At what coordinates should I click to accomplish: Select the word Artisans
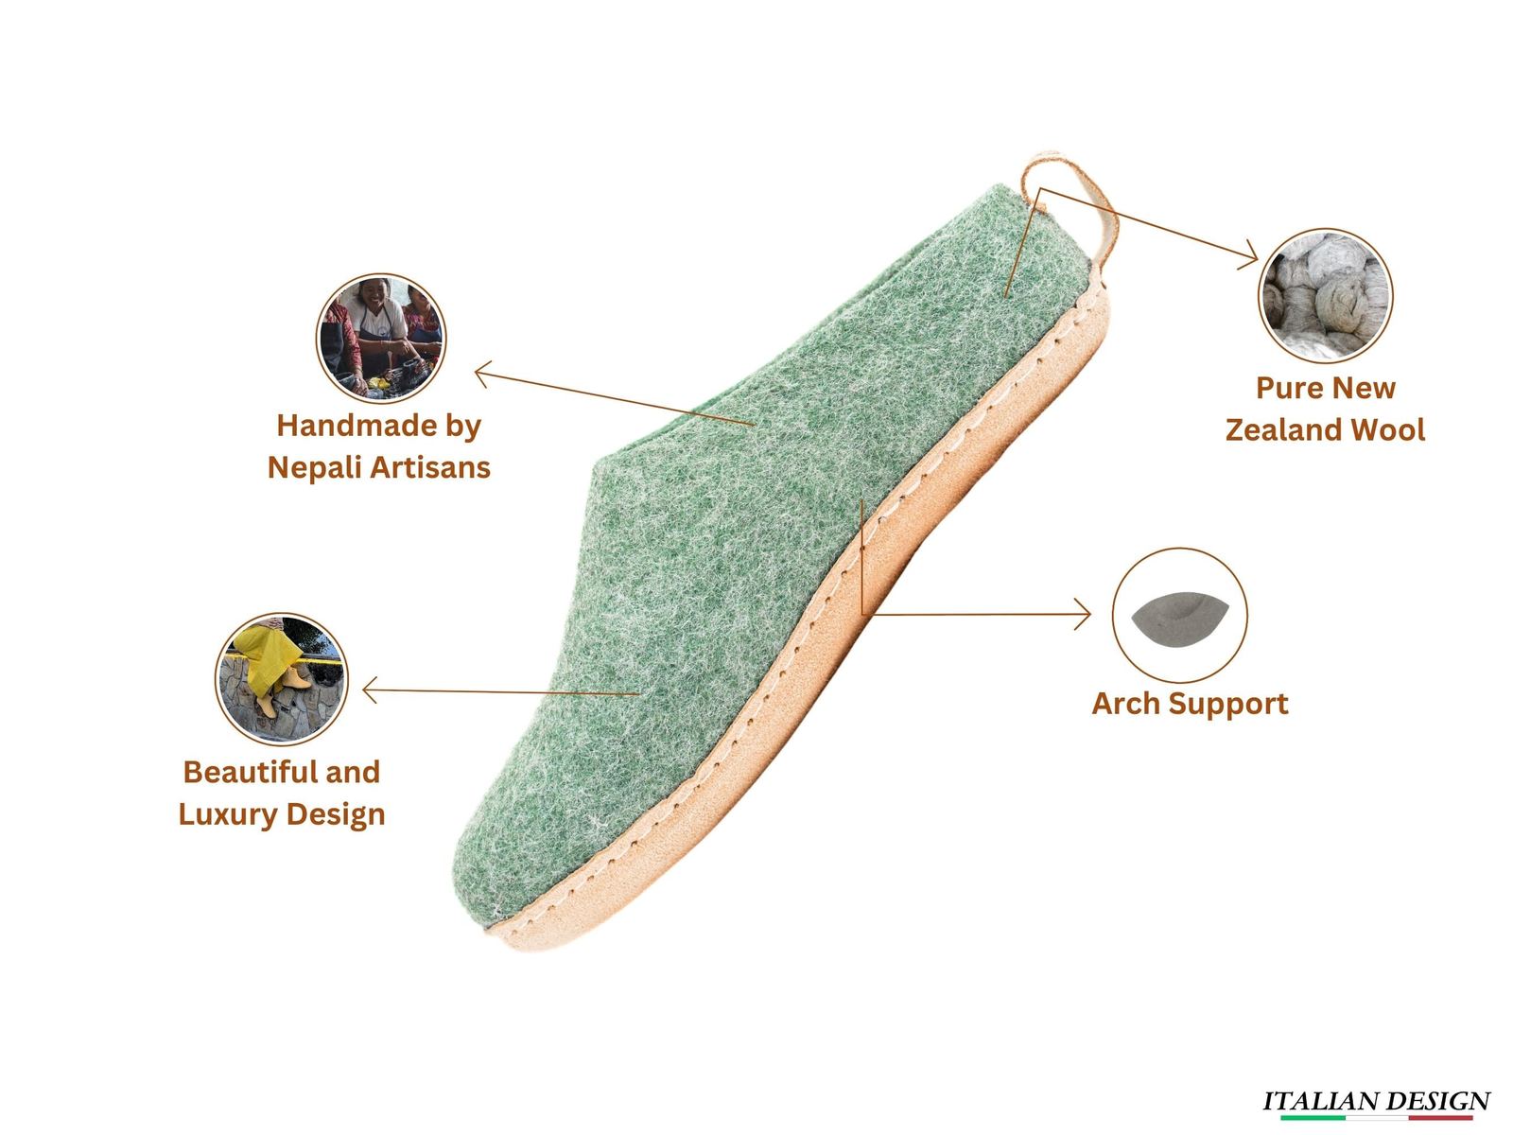point(430,467)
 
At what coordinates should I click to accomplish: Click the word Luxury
point(228,814)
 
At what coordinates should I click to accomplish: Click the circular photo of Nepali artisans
point(381,339)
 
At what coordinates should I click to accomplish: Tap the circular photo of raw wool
point(1325,296)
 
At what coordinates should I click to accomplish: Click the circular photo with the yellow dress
point(282,679)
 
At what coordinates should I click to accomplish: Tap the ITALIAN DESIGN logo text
point(1376,1101)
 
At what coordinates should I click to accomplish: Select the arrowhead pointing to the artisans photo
point(482,375)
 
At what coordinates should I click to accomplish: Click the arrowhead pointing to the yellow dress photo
point(370,690)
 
